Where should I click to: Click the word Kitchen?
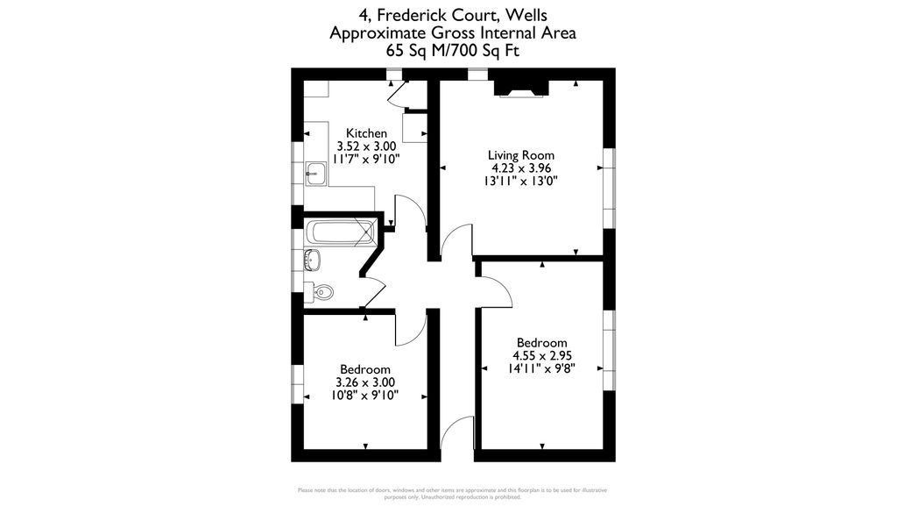365,133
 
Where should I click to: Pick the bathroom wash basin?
313,260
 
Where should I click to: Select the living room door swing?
456,242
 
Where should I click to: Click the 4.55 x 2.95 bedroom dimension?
541,355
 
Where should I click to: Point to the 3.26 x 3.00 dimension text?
365,382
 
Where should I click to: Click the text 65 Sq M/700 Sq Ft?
453,51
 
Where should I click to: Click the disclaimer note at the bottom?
452,493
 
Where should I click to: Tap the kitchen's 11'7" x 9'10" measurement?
365,160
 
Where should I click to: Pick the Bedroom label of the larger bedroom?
541,342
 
